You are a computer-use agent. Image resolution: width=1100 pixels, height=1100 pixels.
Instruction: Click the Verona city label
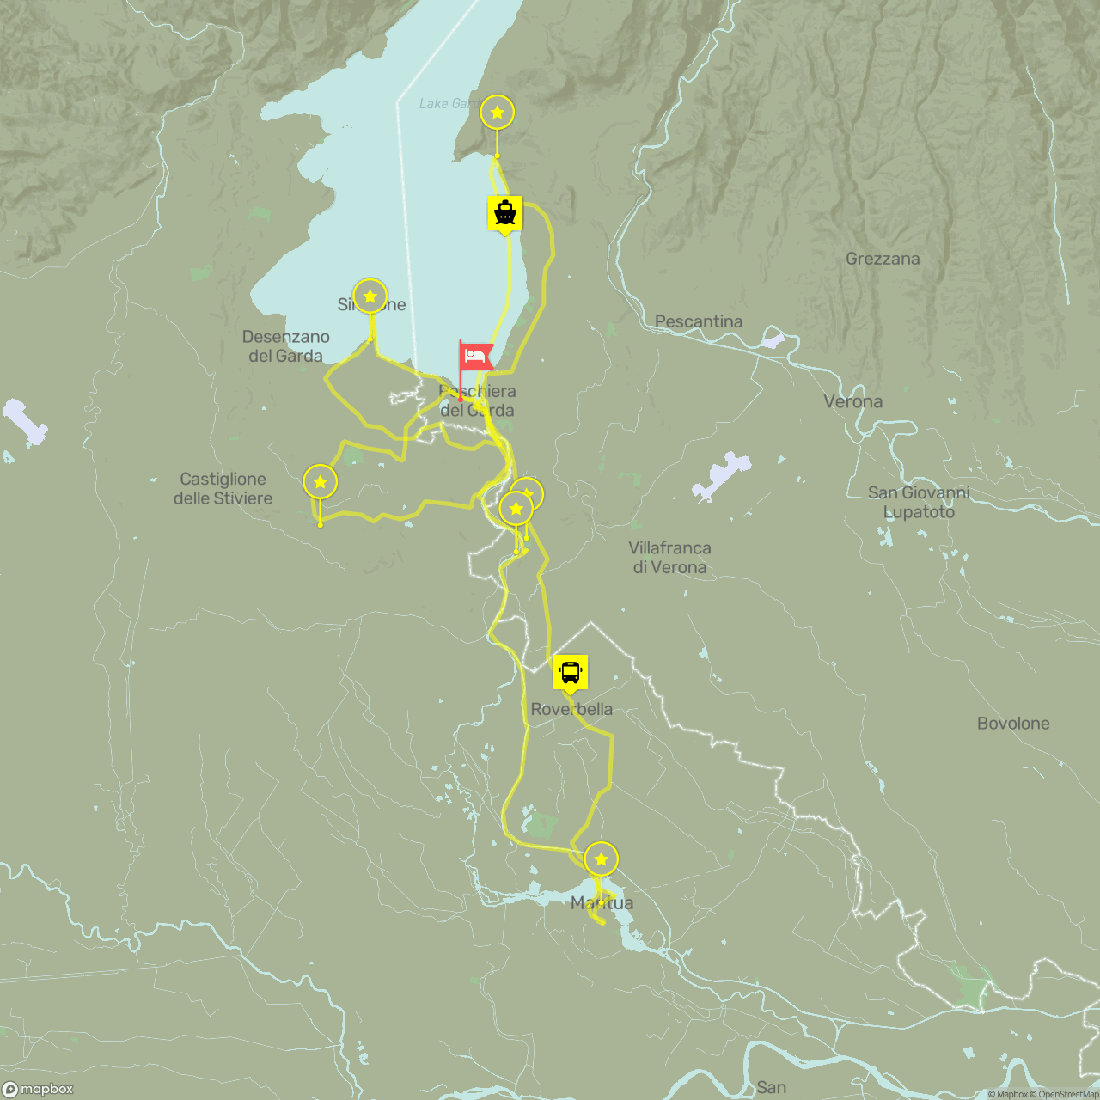coord(852,401)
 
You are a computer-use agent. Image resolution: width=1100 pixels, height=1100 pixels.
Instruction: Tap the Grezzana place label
coord(882,259)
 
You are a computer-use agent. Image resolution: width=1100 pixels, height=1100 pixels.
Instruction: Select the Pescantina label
coord(698,321)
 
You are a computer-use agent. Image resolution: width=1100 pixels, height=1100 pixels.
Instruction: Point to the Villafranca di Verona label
coord(669,557)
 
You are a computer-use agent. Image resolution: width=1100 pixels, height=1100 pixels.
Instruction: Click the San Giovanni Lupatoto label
coord(918,502)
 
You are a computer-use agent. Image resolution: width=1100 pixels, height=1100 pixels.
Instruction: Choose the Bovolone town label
coord(1012,723)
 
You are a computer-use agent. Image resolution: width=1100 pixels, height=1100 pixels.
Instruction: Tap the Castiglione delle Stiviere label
coord(223,488)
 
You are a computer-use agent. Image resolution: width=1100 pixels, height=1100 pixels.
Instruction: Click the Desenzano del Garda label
coord(285,345)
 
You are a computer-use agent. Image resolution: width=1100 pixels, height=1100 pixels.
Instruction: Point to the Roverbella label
coord(571,709)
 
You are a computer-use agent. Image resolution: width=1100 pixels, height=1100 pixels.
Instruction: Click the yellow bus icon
coord(571,671)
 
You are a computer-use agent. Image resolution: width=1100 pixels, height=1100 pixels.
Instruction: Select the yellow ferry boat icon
coord(505,212)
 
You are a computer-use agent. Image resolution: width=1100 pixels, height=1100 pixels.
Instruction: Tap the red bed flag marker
coord(475,356)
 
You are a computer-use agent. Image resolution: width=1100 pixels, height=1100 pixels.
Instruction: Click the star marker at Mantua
coord(601,859)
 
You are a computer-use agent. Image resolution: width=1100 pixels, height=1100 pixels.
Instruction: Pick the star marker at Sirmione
coord(370,296)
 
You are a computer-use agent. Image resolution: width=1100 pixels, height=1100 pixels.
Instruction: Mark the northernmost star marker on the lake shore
coord(497,113)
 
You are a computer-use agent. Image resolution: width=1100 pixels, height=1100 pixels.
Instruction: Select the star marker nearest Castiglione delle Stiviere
coord(320,482)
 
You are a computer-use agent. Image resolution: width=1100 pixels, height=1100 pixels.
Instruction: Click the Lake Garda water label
coord(447,103)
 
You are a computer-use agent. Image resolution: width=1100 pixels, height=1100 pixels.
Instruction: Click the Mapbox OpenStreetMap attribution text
coord(1042,1094)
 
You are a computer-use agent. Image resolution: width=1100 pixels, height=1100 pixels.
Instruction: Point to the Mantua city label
coord(602,902)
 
